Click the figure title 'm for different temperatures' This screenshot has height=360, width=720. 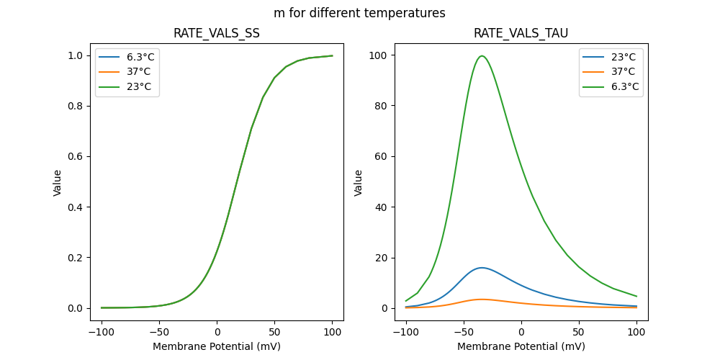point(359,13)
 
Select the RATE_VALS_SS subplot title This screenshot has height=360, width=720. point(217,33)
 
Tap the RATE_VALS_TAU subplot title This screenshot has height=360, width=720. point(521,33)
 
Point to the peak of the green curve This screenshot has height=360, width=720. point(482,56)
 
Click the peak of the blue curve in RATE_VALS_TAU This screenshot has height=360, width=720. point(481,268)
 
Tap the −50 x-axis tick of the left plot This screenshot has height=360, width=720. point(159,332)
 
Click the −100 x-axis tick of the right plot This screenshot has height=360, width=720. point(406,332)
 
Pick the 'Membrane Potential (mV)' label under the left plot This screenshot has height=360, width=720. point(217,346)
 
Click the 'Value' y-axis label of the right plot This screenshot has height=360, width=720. point(358,183)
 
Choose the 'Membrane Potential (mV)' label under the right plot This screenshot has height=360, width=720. point(521,346)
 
